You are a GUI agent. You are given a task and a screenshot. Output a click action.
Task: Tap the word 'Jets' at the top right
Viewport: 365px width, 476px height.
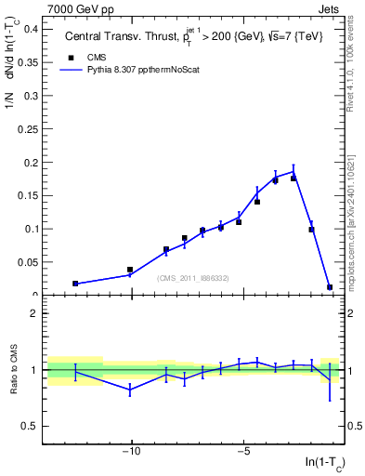point(331,7)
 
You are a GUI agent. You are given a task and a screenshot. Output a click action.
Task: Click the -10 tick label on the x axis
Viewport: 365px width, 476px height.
point(132,451)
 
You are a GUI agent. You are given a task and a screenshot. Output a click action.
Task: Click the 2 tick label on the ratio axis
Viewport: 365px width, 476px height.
point(34,313)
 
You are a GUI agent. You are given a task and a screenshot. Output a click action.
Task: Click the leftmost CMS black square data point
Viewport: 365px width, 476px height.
point(75,284)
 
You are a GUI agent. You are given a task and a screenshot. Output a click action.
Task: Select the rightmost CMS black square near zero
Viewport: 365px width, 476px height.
point(330,287)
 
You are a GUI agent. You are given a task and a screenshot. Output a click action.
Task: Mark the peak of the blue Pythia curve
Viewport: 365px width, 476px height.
point(293,171)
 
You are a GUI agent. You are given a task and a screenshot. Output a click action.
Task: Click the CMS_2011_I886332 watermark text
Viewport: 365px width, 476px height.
point(193,277)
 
